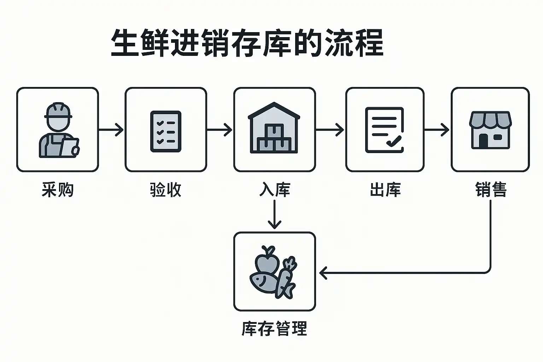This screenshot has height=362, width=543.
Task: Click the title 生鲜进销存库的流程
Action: click(x=247, y=43)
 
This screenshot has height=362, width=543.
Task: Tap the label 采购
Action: click(x=58, y=189)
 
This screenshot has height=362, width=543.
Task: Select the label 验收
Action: click(x=165, y=189)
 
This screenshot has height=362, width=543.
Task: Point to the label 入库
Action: click(x=274, y=189)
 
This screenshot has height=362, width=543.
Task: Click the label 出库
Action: click(x=385, y=189)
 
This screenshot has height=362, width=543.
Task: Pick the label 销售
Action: click(x=491, y=189)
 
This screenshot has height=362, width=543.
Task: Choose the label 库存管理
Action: click(x=274, y=328)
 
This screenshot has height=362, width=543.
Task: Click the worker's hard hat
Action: click(x=58, y=110)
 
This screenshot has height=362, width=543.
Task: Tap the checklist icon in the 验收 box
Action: click(x=166, y=132)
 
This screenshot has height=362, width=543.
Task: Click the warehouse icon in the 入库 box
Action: click(x=274, y=128)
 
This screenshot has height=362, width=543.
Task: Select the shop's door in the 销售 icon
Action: click(x=483, y=141)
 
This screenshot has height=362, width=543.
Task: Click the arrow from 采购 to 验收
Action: click(x=111, y=130)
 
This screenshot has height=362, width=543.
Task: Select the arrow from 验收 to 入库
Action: click(x=220, y=130)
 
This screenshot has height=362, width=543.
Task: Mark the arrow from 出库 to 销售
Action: click(x=437, y=130)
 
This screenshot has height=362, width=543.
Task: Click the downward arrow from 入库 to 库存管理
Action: click(x=274, y=214)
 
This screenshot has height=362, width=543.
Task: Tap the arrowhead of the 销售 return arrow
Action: click(x=323, y=273)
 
